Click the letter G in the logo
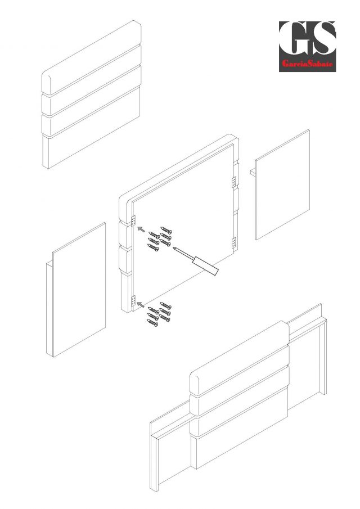coord(293,38)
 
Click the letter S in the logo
coord(322,38)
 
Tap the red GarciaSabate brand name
coord(308,64)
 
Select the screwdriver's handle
coord(205,266)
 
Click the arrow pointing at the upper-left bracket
coord(141,229)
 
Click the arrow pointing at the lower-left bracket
coord(141,304)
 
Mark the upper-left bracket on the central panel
coord(133,220)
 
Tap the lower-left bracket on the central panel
coord(133,301)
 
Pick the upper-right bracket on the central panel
coord(234,182)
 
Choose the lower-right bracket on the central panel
coord(234,243)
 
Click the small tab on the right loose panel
coord(253,172)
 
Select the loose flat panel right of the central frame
coord(282,184)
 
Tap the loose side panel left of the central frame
coord(76,290)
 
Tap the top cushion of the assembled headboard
coord(239,358)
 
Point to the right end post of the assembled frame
coord(323,357)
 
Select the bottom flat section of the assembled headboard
coord(239,428)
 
